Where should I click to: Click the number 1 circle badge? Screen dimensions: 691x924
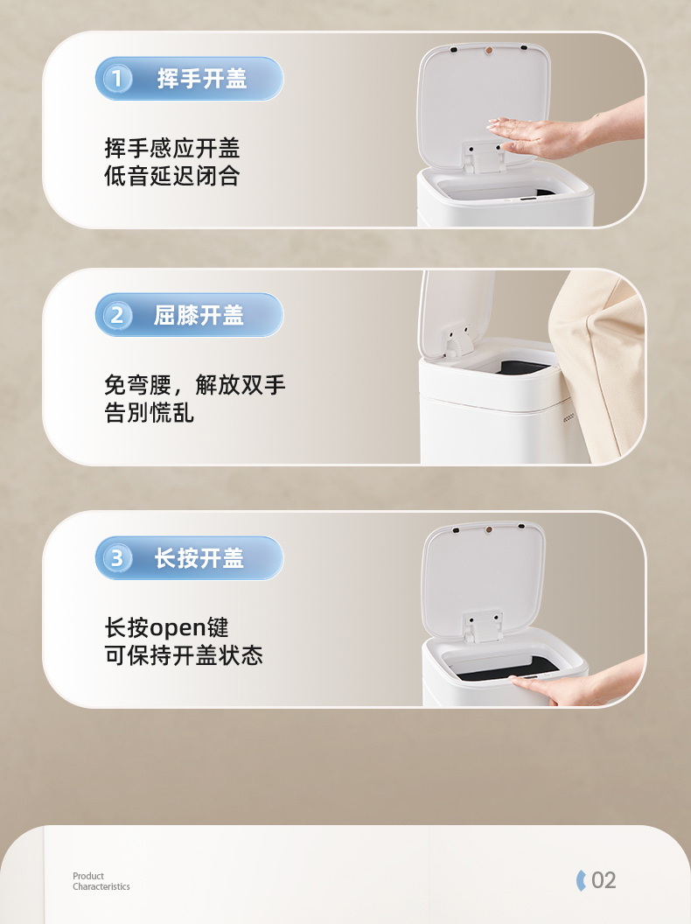pos(116,79)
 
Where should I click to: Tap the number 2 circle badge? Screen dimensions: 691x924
pos(116,315)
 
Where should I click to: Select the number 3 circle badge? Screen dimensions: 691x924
pos(116,558)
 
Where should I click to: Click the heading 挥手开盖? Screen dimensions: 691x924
pos(202,79)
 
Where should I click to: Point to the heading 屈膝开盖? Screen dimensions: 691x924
pos(199,315)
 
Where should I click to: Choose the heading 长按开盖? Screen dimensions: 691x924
pos(199,558)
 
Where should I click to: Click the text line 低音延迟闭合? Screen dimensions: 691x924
pos(172,176)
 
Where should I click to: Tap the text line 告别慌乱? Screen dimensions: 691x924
pos(149,412)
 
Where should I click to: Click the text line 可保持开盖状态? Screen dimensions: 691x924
pos(184,655)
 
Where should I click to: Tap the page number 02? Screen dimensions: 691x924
pos(604,880)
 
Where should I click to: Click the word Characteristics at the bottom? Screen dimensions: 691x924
pos(101,886)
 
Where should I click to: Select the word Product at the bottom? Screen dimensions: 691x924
pos(88,876)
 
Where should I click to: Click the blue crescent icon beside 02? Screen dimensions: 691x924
pos(581,880)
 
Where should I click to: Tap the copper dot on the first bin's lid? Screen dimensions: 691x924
pos(488,51)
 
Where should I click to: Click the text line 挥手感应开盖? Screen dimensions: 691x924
pos(172,148)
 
